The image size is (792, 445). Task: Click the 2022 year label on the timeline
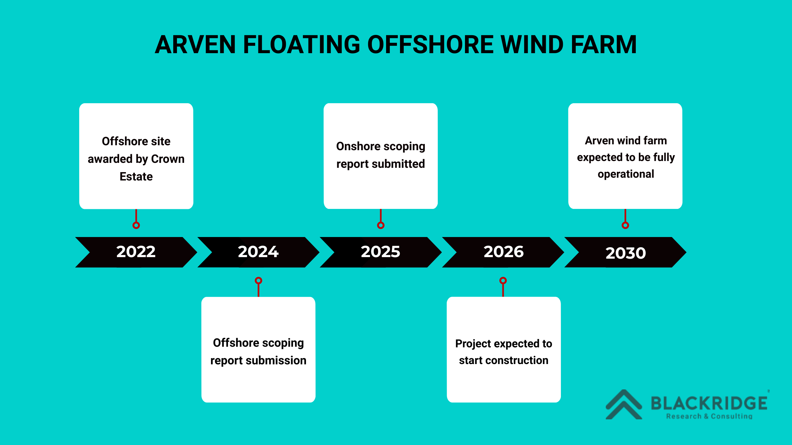tap(136, 252)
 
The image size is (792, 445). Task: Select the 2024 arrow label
tap(258, 252)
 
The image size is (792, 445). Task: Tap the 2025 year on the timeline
tap(380, 252)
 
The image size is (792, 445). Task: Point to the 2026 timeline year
tap(503, 252)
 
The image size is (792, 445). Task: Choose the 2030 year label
tap(626, 253)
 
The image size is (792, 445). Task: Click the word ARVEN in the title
tap(195, 45)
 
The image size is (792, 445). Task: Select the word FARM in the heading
tap(604, 45)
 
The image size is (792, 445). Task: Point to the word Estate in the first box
tap(136, 176)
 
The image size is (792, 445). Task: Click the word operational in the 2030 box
tap(626, 174)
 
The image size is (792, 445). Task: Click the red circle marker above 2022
tap(136, 225)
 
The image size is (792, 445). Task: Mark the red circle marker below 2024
tap(258, 281)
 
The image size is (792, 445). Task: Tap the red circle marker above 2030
tap(625, 225)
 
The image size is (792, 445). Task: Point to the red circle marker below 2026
tap(503, 281)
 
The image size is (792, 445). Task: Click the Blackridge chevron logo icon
tap(624, 405)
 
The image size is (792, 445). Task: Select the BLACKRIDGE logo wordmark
tap(709, 403)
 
